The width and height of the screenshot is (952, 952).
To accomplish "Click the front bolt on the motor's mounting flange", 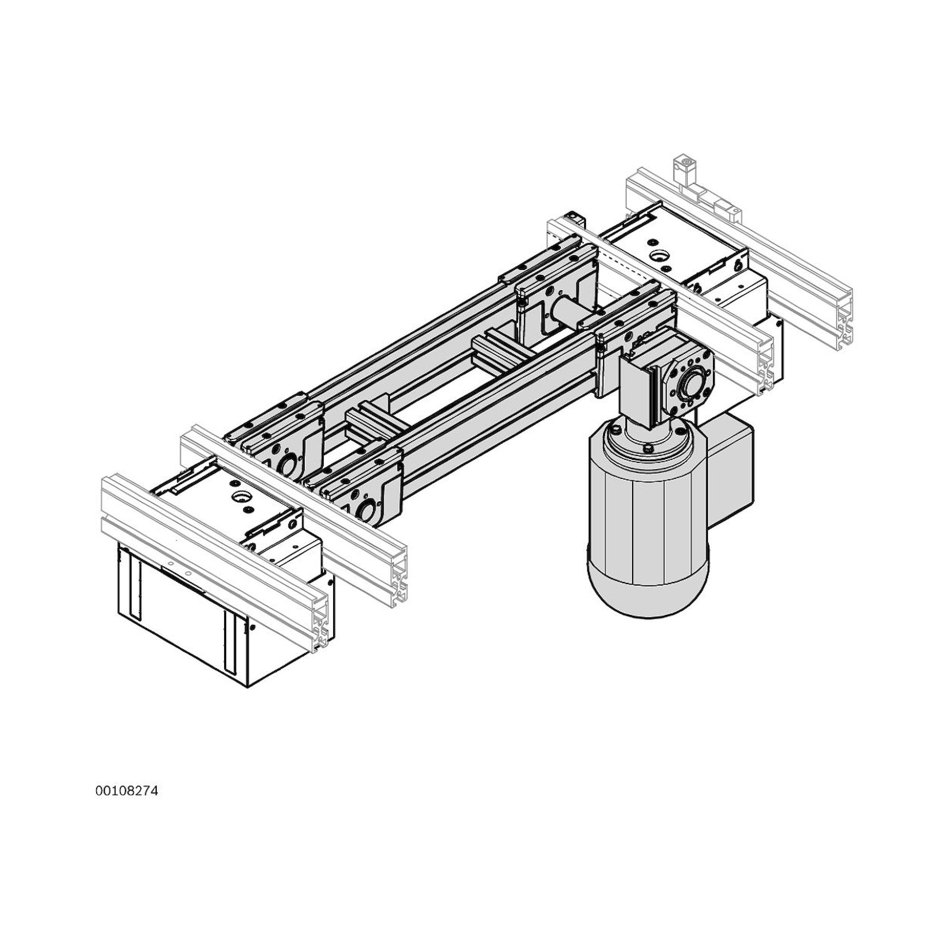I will point(648,449).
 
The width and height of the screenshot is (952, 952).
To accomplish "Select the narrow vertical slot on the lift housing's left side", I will point(135,591).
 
